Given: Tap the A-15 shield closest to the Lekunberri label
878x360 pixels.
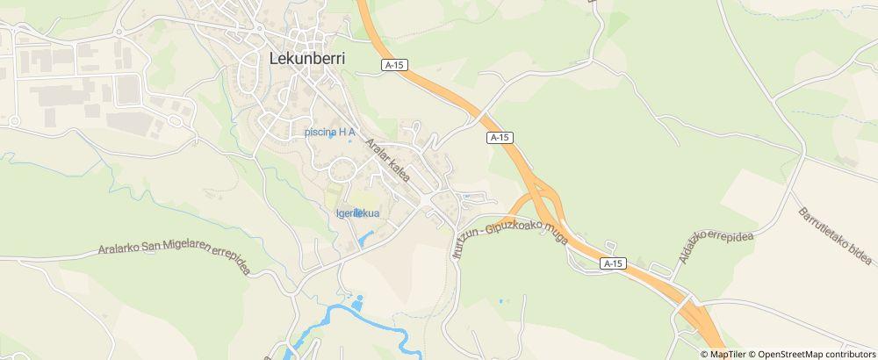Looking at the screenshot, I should [395, 64].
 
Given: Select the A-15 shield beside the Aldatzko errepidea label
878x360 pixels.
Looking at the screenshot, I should [614, 263].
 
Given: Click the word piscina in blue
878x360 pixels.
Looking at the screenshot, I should [320, 133].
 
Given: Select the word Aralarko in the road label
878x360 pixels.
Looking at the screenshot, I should [125, 250].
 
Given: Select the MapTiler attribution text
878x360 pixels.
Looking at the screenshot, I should [727, 354].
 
